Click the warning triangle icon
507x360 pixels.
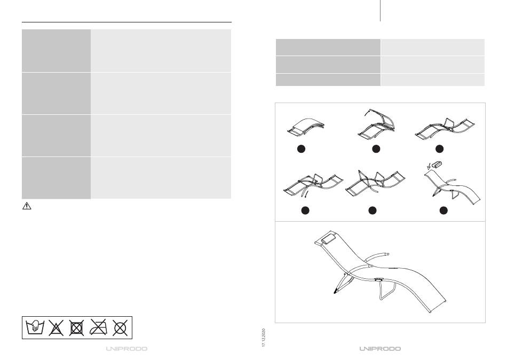pos(27,206)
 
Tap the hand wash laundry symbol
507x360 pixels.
pos(35,327)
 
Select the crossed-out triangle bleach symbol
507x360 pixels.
pos(56,327)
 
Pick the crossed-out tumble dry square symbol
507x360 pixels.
pos(77,327)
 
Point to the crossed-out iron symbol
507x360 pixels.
pos(98,327)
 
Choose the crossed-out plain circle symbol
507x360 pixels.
pos(120,328)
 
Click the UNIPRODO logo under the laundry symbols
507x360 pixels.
pos(127,349)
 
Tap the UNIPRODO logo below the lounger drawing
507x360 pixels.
pos(380,349)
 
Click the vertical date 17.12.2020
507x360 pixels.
pos(264,338)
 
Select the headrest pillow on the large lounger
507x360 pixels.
pos(329,239)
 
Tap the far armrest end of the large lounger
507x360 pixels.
pos(386,255)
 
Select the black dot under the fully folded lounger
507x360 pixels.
pos(301,148)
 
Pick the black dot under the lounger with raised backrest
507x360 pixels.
pos(376,148)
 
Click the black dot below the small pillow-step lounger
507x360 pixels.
pos(443,210)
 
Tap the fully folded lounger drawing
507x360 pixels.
pos(306,127)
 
